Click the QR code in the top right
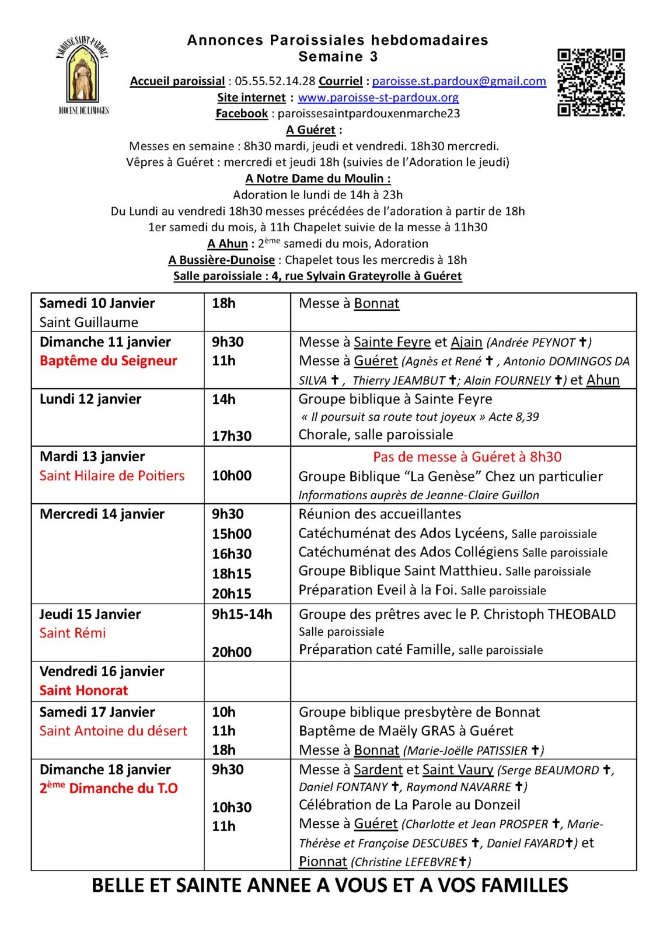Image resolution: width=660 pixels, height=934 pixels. coord(591,82)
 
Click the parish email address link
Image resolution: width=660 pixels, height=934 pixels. coord(459,81)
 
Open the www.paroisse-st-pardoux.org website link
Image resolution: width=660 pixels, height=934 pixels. coord(378,97)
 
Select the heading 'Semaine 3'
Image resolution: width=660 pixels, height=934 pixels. coord(338,57)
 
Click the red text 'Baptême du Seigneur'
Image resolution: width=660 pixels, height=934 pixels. coord(108,361)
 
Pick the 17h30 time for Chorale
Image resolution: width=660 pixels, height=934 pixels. coord(232,435)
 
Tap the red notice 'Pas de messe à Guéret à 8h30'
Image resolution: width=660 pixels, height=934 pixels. coord(467,457)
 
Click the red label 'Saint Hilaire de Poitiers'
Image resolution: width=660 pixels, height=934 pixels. coord(112,476)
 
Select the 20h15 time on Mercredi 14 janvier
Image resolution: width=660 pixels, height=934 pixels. coord(232,593)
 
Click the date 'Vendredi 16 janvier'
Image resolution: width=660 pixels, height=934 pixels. coord(102,671)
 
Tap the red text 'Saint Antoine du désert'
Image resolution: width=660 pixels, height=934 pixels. coord(113,731)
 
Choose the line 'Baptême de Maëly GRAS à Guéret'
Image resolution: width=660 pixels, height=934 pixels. coord(406,731)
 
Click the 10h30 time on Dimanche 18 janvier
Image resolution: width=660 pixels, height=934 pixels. coord(232,807)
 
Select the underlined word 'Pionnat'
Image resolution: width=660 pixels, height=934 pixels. coord(323,862)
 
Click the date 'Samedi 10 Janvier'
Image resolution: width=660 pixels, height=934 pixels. coord(97,303)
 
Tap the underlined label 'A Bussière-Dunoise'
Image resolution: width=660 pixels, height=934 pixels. coord(221,260)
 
